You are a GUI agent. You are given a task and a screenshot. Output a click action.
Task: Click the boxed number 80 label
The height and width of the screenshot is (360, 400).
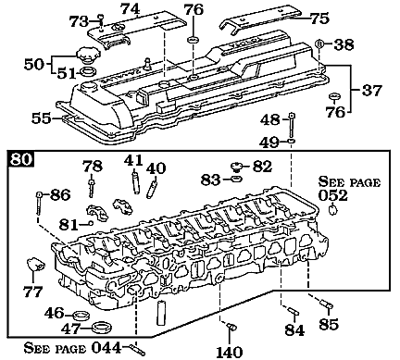(22, 158)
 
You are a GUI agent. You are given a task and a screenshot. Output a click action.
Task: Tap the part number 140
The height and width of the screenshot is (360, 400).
(229, 351)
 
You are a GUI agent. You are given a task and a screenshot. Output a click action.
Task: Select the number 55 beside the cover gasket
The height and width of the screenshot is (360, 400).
(41, 118)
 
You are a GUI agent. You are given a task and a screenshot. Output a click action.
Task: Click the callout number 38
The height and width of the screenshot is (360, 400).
(344, 43)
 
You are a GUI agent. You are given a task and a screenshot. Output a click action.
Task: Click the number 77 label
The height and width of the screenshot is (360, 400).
(32, 291)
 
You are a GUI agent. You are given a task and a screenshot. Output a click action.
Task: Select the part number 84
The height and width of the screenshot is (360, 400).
(294, 329)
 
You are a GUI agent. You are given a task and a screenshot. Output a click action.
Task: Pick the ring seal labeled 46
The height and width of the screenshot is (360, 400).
(81, 313)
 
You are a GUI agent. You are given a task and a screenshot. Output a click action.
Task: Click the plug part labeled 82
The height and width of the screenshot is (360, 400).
(238, 166)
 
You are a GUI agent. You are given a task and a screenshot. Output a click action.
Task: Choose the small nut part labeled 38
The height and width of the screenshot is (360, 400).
(319, 43)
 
